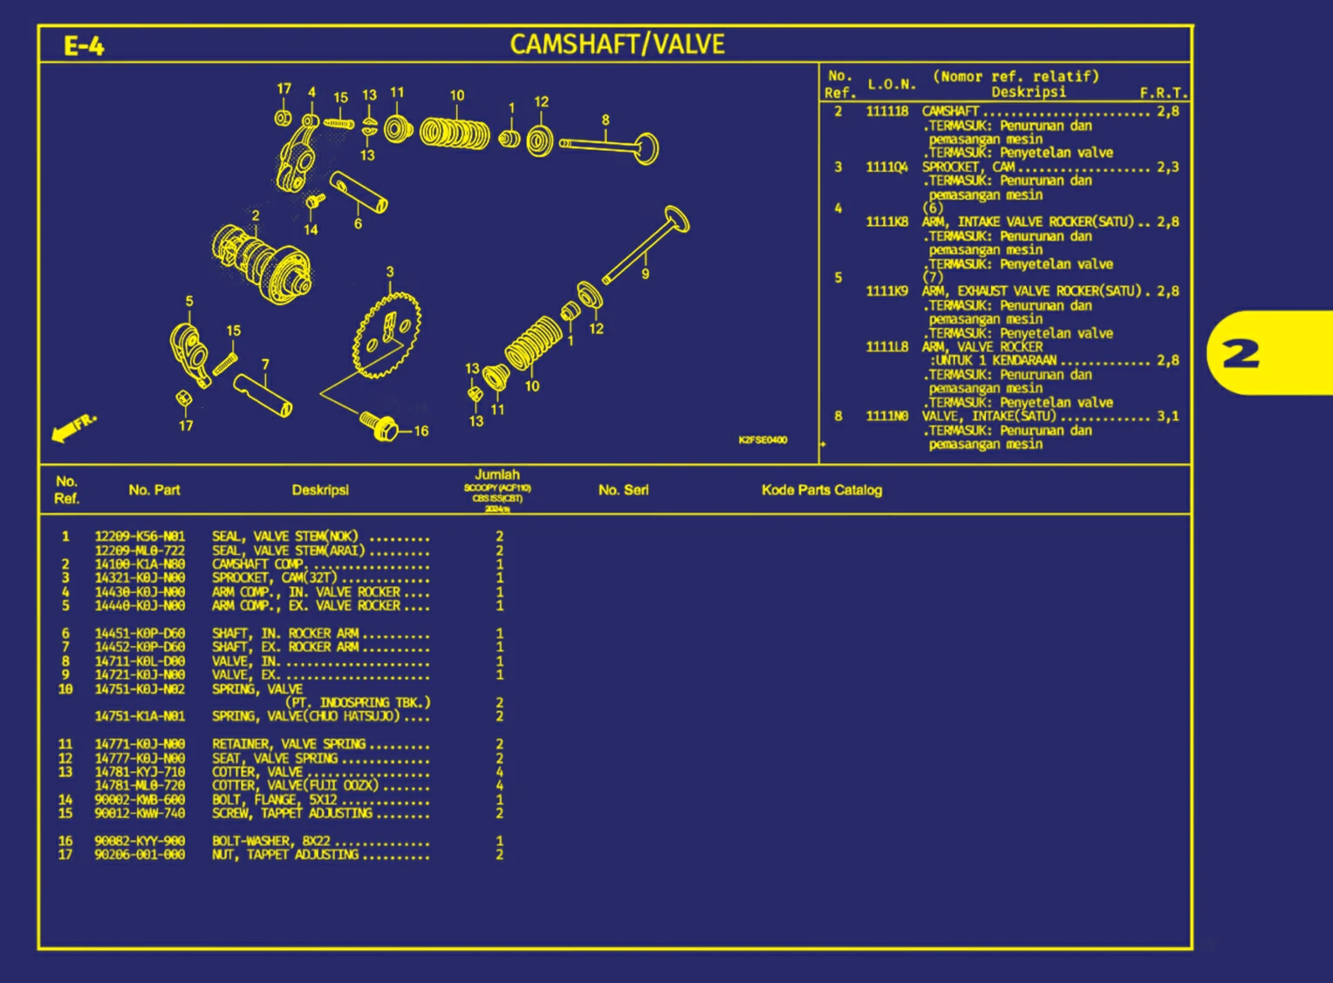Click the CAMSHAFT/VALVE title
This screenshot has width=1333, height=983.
[617, 44]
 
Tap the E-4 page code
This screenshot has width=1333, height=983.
[84, 45]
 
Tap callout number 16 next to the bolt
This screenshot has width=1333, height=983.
[420, 431]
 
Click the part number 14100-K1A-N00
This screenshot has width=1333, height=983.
[140, 564]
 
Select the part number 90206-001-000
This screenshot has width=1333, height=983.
[140, 855]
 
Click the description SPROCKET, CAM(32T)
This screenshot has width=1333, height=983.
[274, 577]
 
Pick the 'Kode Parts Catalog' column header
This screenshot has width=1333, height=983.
[821, 490]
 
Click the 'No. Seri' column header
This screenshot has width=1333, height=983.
[623, 490]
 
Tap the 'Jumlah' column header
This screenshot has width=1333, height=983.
[497, 474]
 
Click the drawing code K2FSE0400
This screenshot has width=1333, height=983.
[762, 440]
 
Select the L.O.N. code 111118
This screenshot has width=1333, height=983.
[886, 112]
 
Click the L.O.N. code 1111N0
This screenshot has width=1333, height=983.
[886, 416]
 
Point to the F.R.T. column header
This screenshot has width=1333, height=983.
[1163, 92]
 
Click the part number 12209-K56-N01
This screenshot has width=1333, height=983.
[140, 536]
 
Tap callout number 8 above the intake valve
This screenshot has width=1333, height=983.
[605, 120]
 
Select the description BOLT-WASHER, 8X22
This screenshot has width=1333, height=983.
[270, 842]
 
